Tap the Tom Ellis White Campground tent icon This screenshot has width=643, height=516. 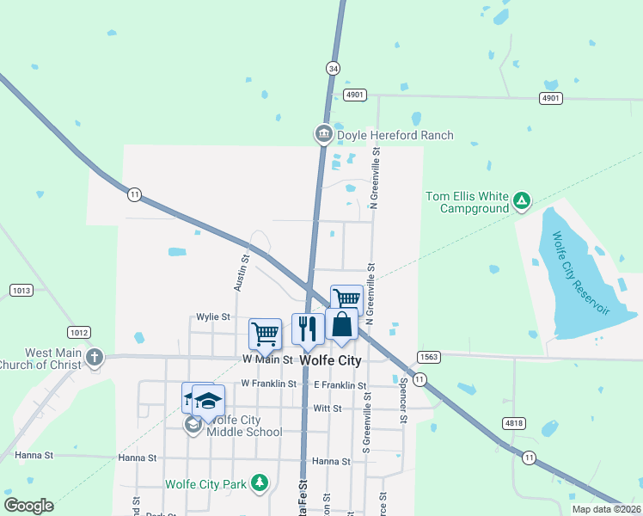[521, 201]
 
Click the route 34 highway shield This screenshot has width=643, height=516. [333, 67]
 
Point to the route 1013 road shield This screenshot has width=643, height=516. [21, 291]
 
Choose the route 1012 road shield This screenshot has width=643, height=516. [79, 332]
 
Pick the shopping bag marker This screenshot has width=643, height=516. [342, 324]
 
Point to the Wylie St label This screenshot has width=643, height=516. [212, 316]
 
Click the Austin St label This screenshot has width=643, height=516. [243, 270]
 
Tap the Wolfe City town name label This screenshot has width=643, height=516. [329, 361]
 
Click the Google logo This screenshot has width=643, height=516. [28, 506]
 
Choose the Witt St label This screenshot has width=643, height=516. [328, 408]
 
